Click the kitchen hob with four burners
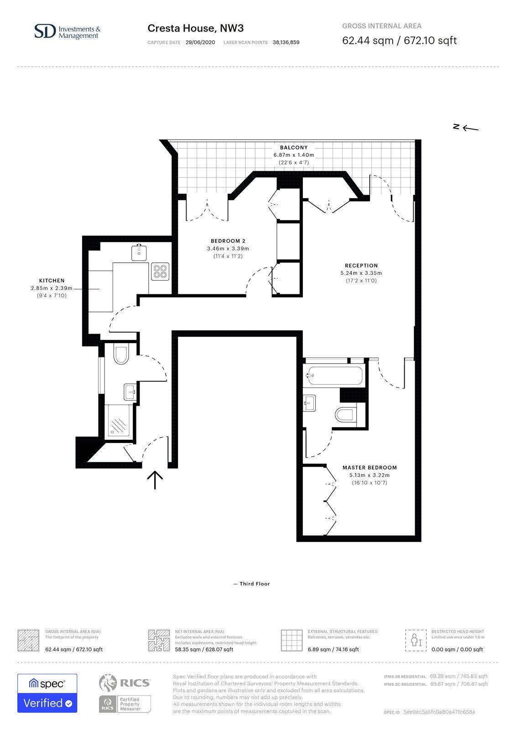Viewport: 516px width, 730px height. click(160, 271)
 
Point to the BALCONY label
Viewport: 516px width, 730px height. click(294, 147)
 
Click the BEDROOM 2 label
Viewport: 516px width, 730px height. click(228, 241)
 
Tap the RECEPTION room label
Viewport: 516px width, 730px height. click(361, 266)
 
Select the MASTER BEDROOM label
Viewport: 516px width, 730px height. click(370, 467)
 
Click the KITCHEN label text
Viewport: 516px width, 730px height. click(52, 281)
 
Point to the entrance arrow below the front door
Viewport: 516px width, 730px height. click(155, 480)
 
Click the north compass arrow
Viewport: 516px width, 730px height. click(470, 128)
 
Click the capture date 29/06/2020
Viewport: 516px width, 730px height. click(200, 42)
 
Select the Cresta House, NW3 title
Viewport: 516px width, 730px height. click(196, 28)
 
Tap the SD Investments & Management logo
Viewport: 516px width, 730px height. click(68, 32)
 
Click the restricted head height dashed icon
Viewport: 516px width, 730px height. click(416, 641)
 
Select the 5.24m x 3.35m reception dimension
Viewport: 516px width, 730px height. click(361, 273)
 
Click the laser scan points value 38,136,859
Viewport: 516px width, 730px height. click(286, 42)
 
